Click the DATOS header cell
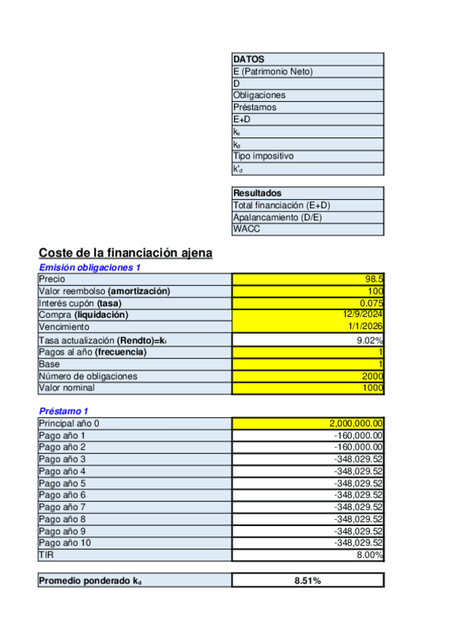[x=248, y=59]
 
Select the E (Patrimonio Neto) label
[x=272, y=71]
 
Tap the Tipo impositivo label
[x=263, y=156]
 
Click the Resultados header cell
[x=257, y=193]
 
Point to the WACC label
[x=247, y=229]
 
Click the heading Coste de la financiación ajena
[x=125, y=253]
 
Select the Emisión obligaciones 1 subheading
[x=90, y=267]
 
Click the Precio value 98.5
[x=374, y=279]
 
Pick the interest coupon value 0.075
[x=371, y=303]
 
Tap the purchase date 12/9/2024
[x=363, y=315]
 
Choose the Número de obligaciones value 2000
[x=372, y=376]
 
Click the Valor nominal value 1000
[x=372, y=388]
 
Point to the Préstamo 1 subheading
[x=63, y=411]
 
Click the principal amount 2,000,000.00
[x=356, y=423]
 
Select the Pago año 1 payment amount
[x=358, y=435]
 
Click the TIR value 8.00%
[x=370, y=555]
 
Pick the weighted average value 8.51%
[x=307, y=581]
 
